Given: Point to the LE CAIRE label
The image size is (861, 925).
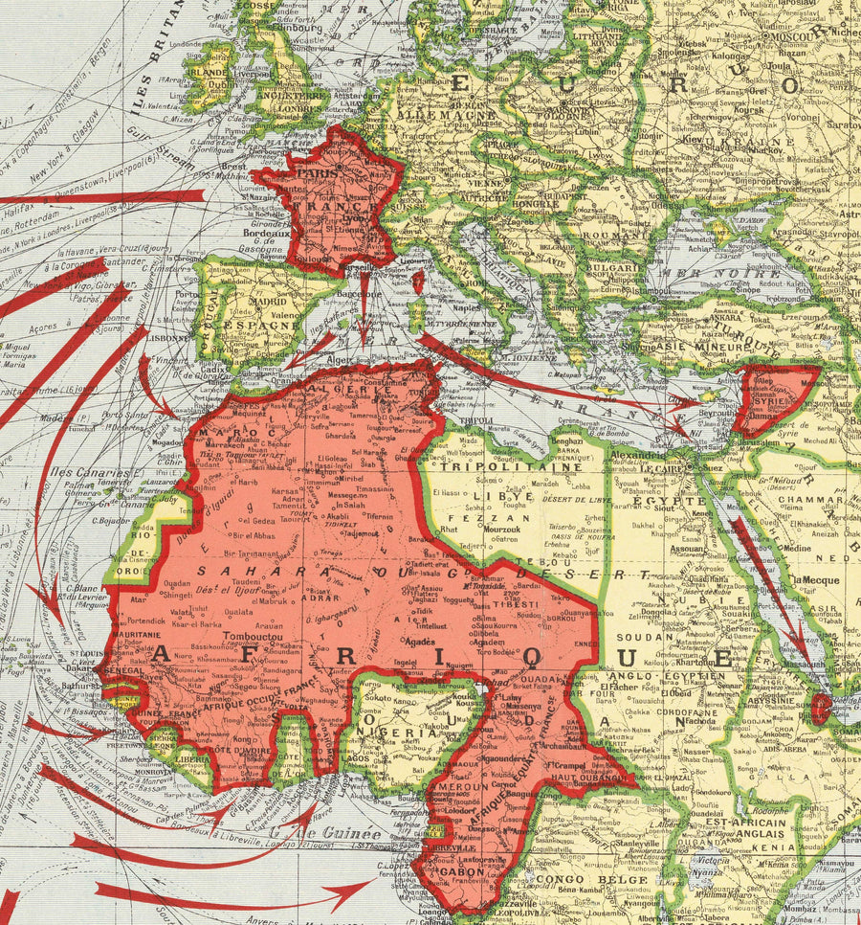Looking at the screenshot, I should click(659, 470).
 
